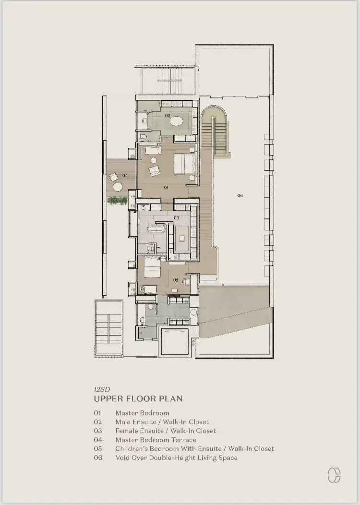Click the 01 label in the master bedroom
point(166,187)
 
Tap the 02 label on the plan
point(168,116)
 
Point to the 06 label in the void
point(240,195)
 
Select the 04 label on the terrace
point(125,176)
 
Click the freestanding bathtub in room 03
point(157,229)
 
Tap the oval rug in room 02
point(177,121)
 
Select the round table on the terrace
point(117,187)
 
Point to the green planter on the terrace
point(117,200)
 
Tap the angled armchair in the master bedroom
point(154,171)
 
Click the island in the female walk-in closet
point(182,238)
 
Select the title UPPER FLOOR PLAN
point(138,398)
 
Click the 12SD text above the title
point(102,389)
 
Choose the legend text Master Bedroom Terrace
point(156,440)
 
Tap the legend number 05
point(98,449)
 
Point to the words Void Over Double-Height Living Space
point(177,457)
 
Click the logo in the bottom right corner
point(334,475)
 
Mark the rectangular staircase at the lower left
point(108,328)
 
